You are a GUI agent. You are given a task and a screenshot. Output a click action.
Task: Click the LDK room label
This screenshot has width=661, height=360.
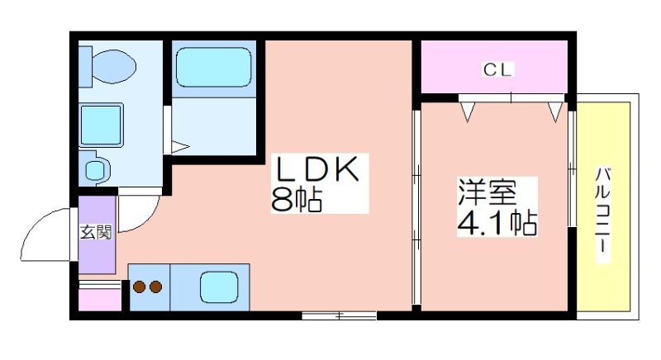(x=317, y=168)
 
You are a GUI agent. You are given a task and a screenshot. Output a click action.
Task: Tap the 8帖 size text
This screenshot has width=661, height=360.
(x=297, y=199)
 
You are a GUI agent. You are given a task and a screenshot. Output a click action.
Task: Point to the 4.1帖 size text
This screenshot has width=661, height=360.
(x=497, y=222)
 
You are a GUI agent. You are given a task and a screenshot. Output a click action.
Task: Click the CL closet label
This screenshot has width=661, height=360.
(x=497, y=69)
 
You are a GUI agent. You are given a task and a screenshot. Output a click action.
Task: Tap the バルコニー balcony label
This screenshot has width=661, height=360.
(x=603, y=210)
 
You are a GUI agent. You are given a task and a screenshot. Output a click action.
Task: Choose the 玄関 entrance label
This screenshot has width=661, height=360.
(x=96, y=232)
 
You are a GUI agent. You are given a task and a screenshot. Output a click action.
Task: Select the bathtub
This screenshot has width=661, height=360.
(x=214, y=68)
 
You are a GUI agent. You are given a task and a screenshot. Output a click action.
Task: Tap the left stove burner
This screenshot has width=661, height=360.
(x=140, y=287)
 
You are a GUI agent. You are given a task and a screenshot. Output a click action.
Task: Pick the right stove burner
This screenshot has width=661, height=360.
(x=155, y=287)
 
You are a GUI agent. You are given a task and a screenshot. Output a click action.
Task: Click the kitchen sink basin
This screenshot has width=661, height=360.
(x=219, y=287)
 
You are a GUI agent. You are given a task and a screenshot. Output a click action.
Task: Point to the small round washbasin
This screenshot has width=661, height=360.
(x=96, y=170)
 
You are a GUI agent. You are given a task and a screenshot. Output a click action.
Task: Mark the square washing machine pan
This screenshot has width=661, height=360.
(x=101, y=125)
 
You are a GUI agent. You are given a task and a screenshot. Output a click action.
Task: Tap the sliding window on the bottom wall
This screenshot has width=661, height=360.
(x=339, y=315)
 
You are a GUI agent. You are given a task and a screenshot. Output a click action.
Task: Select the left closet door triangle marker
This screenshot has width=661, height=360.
(x=468, y=112)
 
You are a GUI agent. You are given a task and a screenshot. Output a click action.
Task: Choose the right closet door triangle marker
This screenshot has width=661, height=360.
(x=555, y=112)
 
